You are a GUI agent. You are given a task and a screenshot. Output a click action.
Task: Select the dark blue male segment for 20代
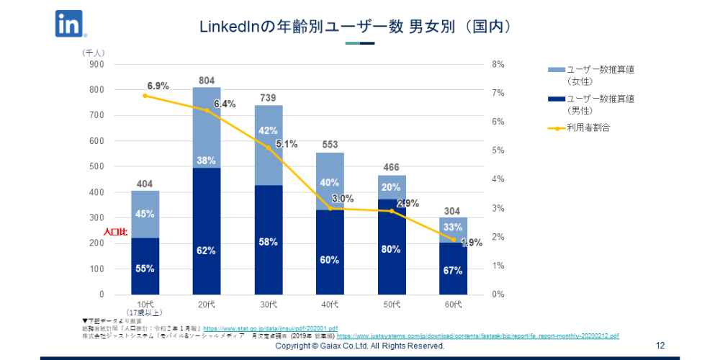(x=207, y=230)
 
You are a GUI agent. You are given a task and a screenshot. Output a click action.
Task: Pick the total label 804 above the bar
(x=207, y=81)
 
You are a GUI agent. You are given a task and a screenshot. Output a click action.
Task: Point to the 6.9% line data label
(x=158, y=86)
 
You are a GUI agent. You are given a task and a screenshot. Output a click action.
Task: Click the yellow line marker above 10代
(x=145, y=96)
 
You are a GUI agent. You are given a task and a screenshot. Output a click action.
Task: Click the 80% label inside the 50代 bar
(x=391, y=250)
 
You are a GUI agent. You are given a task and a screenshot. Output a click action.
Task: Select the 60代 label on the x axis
(x=453, y=305)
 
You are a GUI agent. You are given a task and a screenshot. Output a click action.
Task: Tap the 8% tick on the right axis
(x=498, y=64)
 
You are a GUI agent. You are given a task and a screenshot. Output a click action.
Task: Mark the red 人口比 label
(x=115, y=233)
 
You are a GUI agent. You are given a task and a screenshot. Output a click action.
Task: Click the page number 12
(x=660, y=346)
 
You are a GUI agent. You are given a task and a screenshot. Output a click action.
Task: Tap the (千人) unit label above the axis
(x=94, y=53)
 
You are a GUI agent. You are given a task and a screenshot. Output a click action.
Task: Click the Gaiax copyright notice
(x=360, y=346)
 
